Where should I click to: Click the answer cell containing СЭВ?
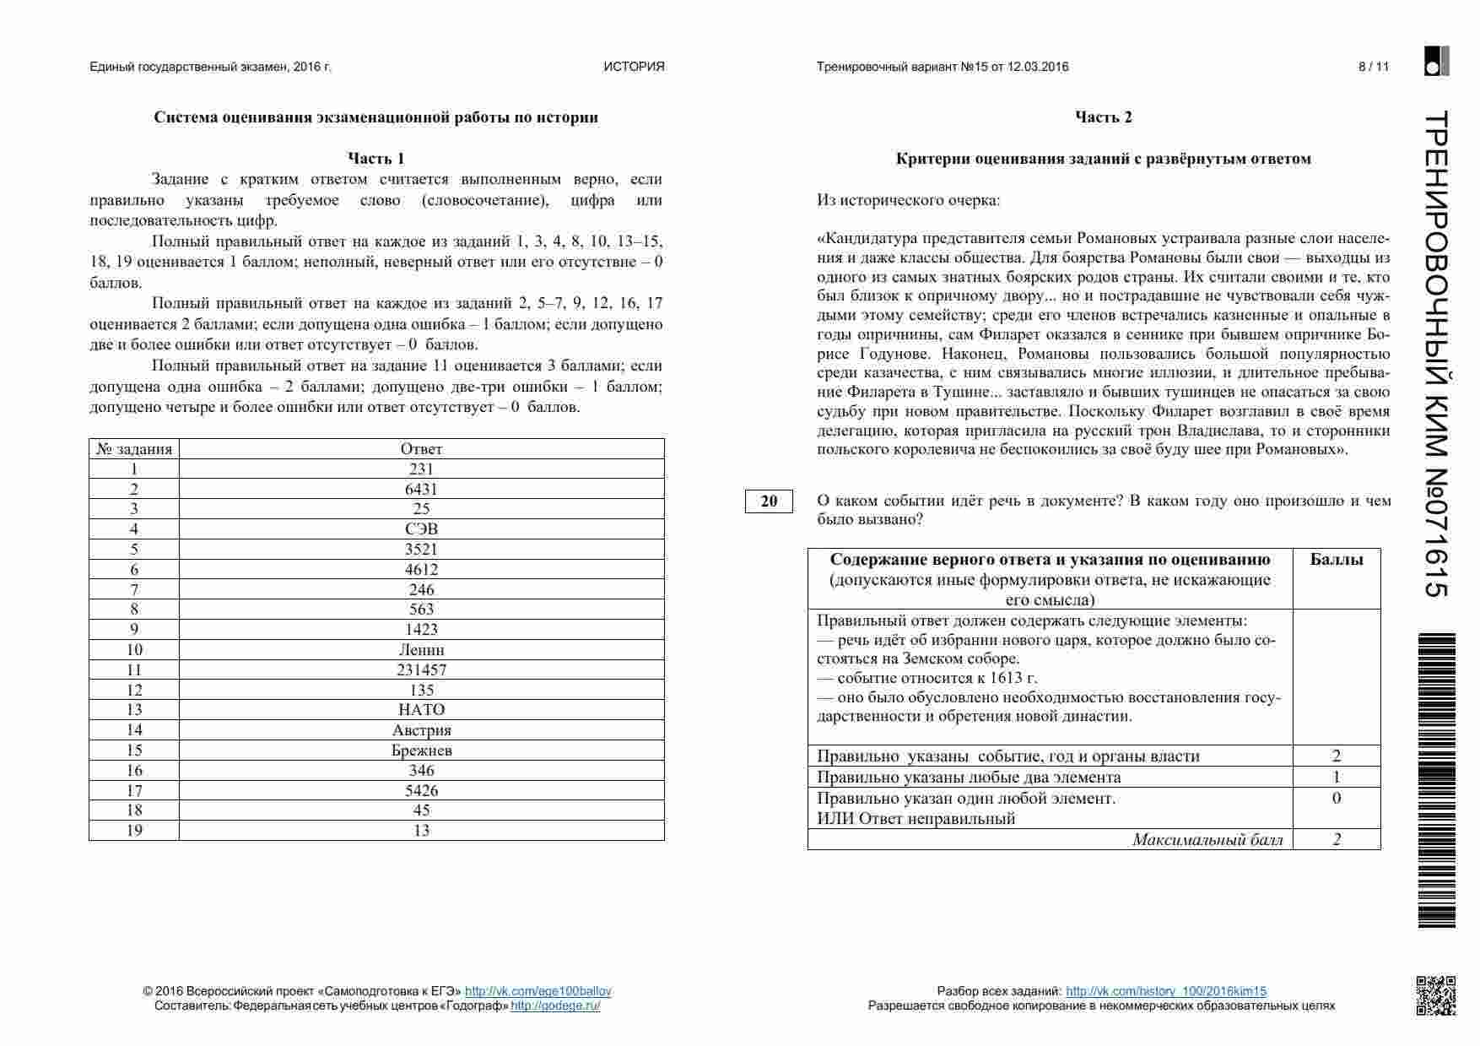pos(421,529)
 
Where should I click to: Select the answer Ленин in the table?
pos(421,650)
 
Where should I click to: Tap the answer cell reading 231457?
pos(421,670)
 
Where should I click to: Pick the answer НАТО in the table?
pos(421,710)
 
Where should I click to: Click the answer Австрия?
pos(421,730)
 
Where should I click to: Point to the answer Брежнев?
pos(421,751)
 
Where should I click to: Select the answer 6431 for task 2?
pos(421,490)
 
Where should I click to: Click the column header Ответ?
pos(421,449)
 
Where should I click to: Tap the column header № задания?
pos(134,449)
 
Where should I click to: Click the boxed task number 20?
pos(769,501)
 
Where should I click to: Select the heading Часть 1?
pos(376,159)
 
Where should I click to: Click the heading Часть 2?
pos(1103,117)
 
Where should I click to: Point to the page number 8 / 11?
pos(1373,67)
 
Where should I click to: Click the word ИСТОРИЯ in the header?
pos(634,67)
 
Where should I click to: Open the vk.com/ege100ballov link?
pos(537,991)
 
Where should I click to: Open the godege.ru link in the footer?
pos(554,1005)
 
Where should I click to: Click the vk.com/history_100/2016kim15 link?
pos(1165,991)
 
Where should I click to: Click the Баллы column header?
pos(1336,560)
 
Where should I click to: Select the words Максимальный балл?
pos(1207,839)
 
